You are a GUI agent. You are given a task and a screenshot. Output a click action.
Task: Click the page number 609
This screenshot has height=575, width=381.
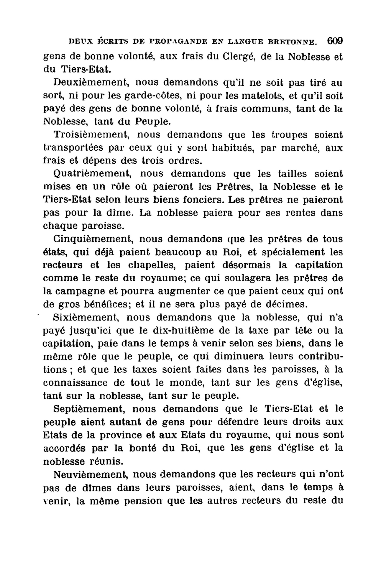pyautogui.click(x=335, y=41)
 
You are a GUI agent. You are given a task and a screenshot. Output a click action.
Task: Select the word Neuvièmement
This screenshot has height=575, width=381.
pyautogui.click(x=91, y=474)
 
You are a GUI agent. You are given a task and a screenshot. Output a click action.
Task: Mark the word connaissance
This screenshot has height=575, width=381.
pyautogui.click(x=75, y=383)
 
